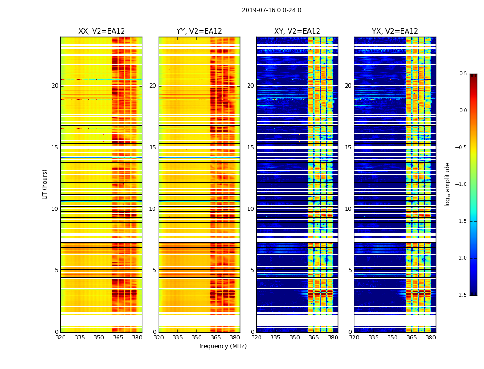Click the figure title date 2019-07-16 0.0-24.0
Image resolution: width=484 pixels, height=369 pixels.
click(272, 10)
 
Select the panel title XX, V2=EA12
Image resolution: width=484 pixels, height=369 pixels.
click(101, 31)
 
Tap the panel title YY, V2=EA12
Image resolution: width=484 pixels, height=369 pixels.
click(199, 31)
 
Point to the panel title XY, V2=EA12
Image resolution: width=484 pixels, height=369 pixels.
click(297, 31)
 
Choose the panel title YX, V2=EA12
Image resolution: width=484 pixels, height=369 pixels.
click(395, 31)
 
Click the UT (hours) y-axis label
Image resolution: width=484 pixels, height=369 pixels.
click(45, 184)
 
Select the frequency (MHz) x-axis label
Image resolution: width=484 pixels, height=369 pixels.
click(223, 346)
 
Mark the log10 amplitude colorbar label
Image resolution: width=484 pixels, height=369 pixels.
click(447, 184)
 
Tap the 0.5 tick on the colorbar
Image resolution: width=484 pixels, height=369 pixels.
click(463, 74)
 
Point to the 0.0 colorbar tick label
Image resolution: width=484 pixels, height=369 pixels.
click(463, 111)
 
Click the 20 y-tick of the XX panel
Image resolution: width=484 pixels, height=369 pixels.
click(55, 86)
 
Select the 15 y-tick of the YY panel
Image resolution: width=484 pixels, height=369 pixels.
click(153, 148)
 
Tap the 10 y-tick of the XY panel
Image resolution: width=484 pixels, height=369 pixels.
click(251, 209)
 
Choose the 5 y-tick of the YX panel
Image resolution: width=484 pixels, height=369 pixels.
click(350, 270)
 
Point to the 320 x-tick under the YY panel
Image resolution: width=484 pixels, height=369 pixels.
click(159, 338)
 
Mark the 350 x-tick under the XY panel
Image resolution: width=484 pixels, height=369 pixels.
click(295, 338)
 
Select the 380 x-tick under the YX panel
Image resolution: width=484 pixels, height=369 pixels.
click(431, 338)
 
